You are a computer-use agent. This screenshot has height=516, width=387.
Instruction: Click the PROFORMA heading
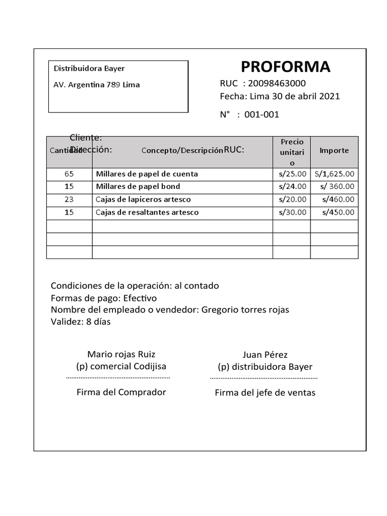pos(285,67)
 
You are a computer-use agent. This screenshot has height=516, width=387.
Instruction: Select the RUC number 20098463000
pos(277,83)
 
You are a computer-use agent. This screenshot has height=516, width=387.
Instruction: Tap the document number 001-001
pos(262,114)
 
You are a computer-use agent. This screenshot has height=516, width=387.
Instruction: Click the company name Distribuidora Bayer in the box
pos(89,69)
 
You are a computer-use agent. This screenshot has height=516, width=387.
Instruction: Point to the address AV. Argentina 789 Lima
pos(97,85)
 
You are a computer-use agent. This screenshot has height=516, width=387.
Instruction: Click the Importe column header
pos(334,150)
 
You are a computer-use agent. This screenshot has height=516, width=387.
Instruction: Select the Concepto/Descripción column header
pos(182,150)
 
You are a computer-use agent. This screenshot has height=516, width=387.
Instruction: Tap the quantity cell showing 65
pos(69,174)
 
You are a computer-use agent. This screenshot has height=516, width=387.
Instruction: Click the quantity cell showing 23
pos(69,199)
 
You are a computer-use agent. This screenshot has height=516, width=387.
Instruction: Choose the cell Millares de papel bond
pos(138,186)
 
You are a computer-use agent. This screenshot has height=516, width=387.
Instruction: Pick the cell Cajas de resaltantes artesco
pos(147,212)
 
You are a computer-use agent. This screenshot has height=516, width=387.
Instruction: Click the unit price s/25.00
pos(292,174)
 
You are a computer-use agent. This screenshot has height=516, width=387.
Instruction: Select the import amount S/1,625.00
pos(334,174)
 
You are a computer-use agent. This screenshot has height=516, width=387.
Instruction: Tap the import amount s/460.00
pos(338,199)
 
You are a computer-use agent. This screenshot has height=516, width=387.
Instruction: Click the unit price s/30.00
pos(292,212)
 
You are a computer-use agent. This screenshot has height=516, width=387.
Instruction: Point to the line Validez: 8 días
pos(81,321)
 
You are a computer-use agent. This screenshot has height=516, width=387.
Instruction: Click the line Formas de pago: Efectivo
pos(104,298)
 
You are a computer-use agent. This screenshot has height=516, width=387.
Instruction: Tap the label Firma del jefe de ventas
pos(265,393)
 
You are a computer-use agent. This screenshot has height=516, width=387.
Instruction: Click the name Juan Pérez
pos(265,355)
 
